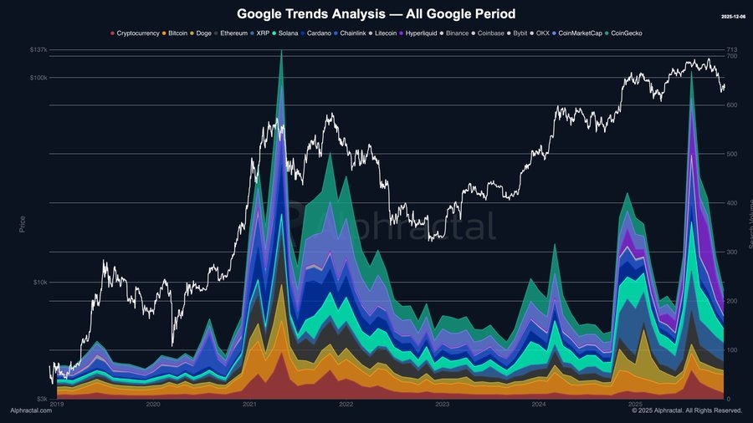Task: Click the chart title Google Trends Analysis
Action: coord(376,14)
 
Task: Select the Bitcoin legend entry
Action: coord(177,33)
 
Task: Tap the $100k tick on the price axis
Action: coord(38,78)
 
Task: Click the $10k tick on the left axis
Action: coord(40,282)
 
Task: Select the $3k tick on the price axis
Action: coord(42,399)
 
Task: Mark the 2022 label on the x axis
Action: coord(346,405)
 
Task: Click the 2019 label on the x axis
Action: coord(56,405)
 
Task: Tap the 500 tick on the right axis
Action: coord(731,154)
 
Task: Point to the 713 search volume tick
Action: coord(731,50)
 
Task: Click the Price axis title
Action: coord(23,224)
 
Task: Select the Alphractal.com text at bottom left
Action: coord(30,411)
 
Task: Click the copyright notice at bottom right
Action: coord(687,411)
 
